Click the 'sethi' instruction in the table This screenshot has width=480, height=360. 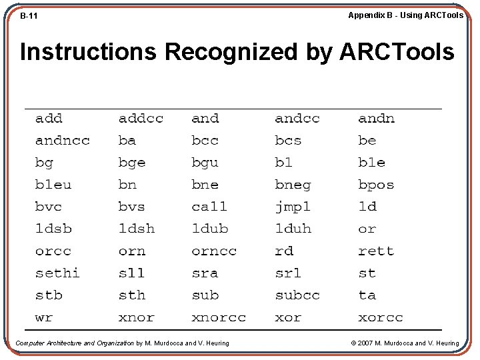click(x=57, y=273)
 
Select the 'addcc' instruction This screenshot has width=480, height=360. click(x=141, y=119)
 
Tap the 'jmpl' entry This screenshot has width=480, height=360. click(x=293, y=207)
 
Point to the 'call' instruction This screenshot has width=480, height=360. click(x=209, y=207)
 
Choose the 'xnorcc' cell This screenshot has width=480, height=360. click(x=219, y=318)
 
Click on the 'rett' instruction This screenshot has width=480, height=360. click(x=376, y=251)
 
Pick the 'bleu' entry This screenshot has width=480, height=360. click(x=53, y=185)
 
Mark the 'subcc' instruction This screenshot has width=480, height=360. click(x=297, y=295)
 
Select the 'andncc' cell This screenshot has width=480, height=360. click(x=62, y=141)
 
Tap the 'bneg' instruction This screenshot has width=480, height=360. click(x=293, y=185)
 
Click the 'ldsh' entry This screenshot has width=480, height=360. click(x=137, y=229)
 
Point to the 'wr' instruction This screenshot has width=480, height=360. click(x=44, y=318)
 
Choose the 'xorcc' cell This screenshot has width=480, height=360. click(x=381, y=318)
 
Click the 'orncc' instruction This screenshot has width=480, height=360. click(x=214, y=251)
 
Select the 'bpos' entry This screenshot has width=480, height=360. click(x=376, y=185)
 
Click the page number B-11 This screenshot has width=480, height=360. click(x=29, y=15)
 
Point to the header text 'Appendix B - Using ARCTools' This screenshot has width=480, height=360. click(x=405, y=15)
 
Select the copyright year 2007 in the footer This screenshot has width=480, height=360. click(x=365, y=343)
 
